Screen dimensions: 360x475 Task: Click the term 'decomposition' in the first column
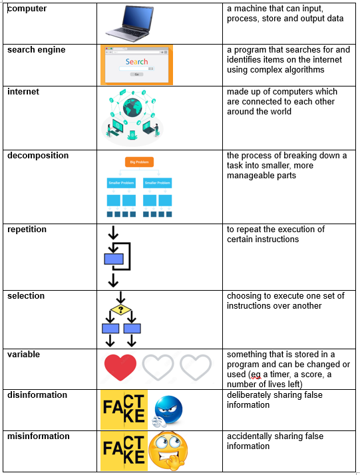[x=38, y=156]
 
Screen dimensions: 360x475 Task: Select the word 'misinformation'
[x=39, y=436]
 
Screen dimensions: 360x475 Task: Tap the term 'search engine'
[x=37, y=50]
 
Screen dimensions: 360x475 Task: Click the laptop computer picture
[x=130, y=24]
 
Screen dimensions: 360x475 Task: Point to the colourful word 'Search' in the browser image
[x=136, y=62]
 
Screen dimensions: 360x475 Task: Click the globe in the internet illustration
[x=132, y=108]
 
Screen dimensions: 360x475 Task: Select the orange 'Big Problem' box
[x=139, y=162]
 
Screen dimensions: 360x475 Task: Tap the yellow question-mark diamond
[x=120, y=309]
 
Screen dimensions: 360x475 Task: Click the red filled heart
[x=120, y=367]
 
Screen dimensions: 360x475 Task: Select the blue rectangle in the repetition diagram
[x=114, y=259]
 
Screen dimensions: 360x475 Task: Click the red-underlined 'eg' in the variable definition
[x=256, y=375]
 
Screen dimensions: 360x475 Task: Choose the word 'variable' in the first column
[x=24, y=355]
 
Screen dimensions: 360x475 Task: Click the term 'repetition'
[x=27, y=230]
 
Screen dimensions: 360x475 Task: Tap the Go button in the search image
[x=136, y=75]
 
